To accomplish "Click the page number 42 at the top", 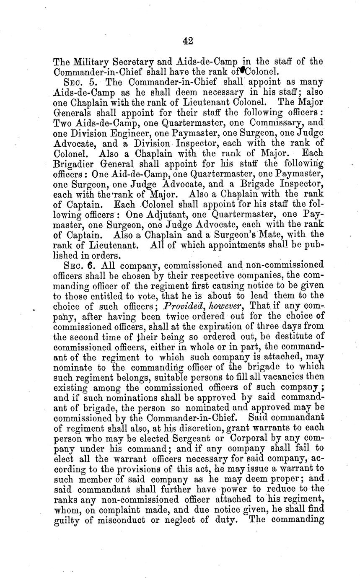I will pos(187,40).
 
